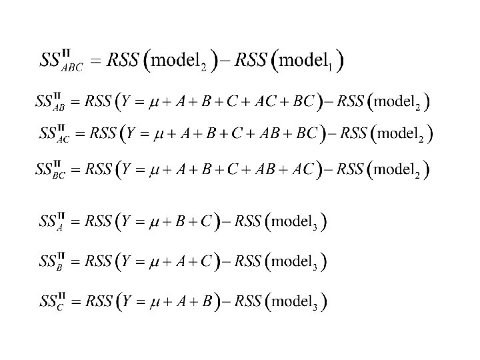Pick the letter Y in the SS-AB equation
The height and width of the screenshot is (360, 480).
[127, 103]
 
